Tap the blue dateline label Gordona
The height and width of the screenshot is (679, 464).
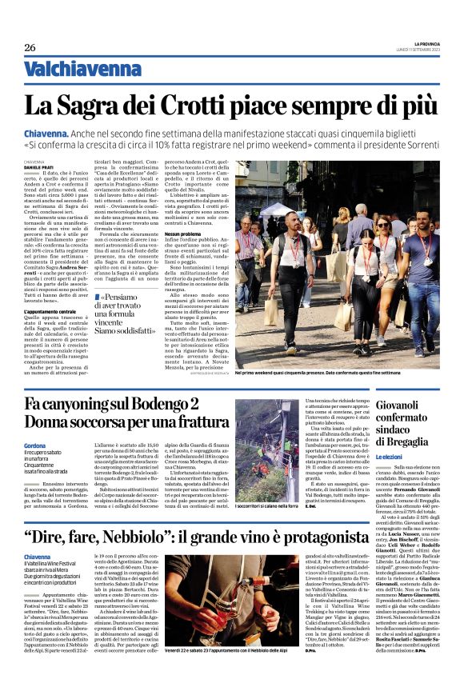[x=35, y=445]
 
